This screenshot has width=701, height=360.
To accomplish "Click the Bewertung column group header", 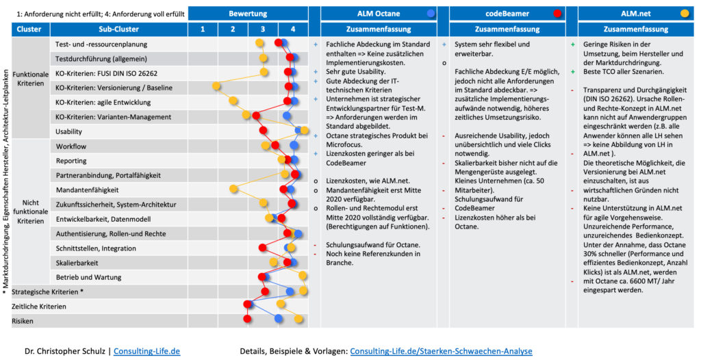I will click(x=247, y=13).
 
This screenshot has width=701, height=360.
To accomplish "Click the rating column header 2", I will click(x=233, y=29).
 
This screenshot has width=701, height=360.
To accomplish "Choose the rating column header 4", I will click(x=293, y=29).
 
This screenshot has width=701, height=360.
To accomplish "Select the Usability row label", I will click(x=70, y=131).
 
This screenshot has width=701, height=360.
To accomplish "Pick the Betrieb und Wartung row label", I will click(x=88, y=277).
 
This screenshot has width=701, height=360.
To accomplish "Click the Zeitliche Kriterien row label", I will click(x=39, y=305).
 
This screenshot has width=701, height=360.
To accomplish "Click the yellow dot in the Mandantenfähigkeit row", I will click(x=233, y=188).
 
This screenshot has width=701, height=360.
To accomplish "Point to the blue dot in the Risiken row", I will click(x=278, y=318).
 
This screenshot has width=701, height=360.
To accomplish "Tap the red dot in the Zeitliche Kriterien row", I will click(x=248, y=304).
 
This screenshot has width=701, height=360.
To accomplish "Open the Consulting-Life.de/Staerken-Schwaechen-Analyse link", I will click(x=441, y=351).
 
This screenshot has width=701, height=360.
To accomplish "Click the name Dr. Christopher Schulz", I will click(x=66, y=351).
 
